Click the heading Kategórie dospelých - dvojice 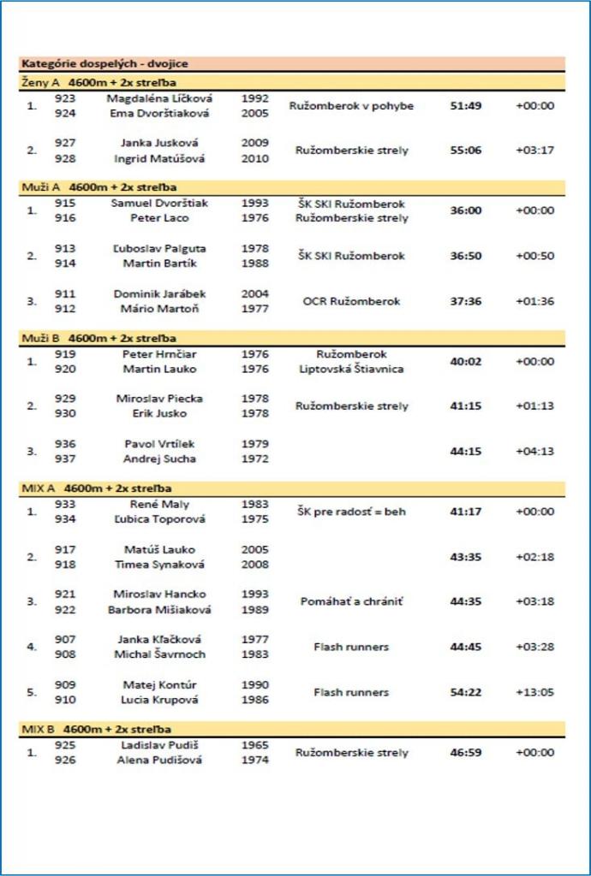coord(104,64)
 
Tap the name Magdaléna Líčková coord(159,98)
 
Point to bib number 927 coord(65,143)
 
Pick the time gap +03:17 coord(535,151)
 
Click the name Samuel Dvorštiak coord(159,204)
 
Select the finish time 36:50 coord(466,256)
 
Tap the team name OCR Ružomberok coord(351,301)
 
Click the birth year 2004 coord(255,293)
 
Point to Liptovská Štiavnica coord(351,370)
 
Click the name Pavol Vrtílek coord(159,444)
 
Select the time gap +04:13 coord(535,452)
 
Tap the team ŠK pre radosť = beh coord(351,512)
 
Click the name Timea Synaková coord(159,565)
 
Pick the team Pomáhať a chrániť coord(351,602)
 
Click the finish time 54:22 coord(466,692)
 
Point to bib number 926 coord(65,760)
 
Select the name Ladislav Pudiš coord(159,745)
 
